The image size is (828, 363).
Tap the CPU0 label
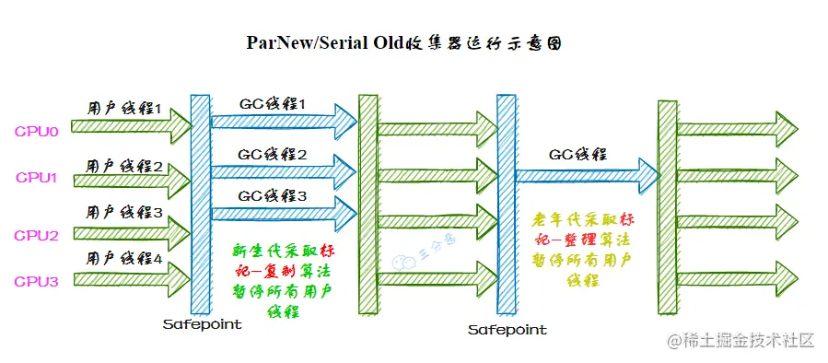coord(37,131)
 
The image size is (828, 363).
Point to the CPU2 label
coord(37,235)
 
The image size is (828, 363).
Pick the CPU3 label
coord(37,281)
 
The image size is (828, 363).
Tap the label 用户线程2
coord(124,167)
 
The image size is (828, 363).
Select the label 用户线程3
coord(124,213)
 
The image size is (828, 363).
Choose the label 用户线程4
coord(124,259)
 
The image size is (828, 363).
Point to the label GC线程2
coord(273,154)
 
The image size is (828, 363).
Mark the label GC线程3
coord(273,195)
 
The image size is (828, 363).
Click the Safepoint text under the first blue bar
coord(202,324)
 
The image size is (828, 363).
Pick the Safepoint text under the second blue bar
coord(507,329)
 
